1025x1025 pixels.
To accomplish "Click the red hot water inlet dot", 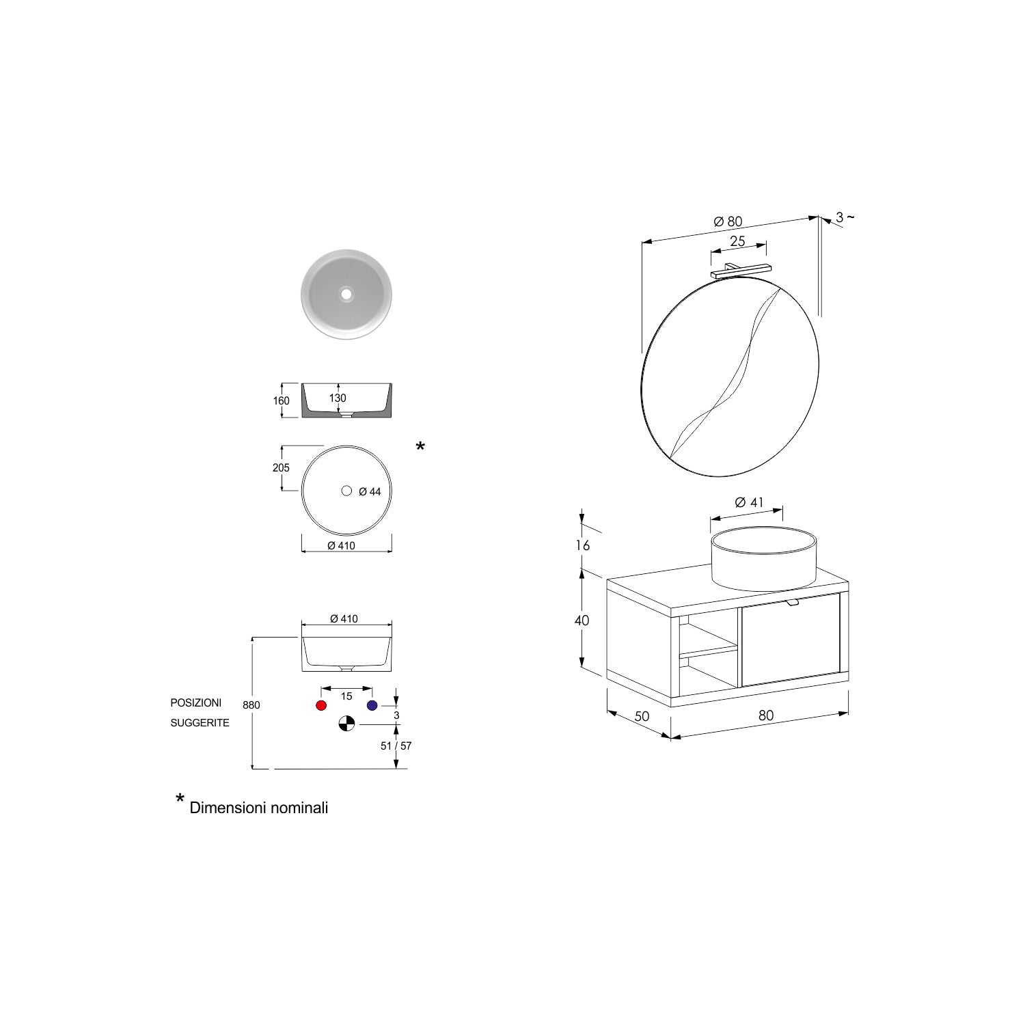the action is pyautogui.click(x=321, y=705).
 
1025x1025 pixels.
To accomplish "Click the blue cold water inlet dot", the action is pyautogui.click(x=372, y=705).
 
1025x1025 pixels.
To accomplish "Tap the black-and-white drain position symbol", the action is pyautogui.click(x=346, y=724).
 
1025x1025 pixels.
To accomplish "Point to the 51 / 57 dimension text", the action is pyautogui.click(x=396, y=746).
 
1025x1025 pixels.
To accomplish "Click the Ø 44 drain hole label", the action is pyautogui.click(x=370, y=491).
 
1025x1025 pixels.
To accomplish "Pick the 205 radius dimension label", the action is pyautogui.click(x=281, y=468).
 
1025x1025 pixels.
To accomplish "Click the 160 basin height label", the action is pyautogui.click(x=281, y=401).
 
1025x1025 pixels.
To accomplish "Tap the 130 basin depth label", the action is pyautogui.click(x=338, y=398).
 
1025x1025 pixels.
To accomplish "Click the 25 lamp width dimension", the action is pyautogui.click(x=737, y=241).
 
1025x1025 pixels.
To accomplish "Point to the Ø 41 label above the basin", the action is pyautogui.click(x=749, y=502).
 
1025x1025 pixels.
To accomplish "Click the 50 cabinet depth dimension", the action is pyautogui.click(x=642, y=717).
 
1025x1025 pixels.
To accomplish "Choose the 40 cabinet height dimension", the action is pyautogui.click(x=582, y=620).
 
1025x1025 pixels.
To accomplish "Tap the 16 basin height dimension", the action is pyautogui.click(x=582, y=545).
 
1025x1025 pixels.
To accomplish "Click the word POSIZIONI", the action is pyautogui.click(x=196, y=702).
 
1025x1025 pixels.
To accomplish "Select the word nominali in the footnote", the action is pyautogui.click(x=298, y=808).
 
